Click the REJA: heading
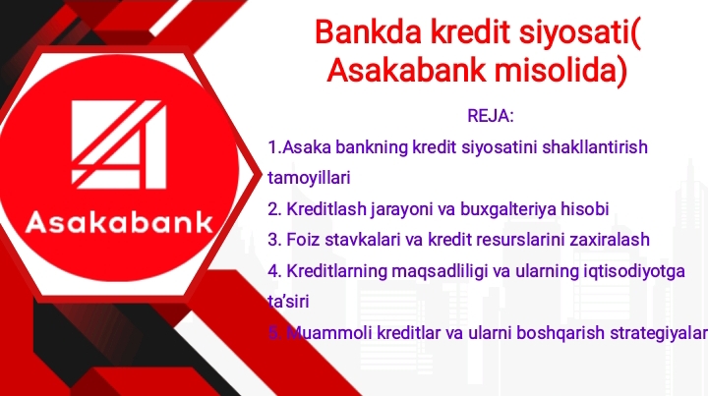492,116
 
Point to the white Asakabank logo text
119,221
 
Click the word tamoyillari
309,178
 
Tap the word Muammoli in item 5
322,334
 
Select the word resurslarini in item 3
518,240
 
